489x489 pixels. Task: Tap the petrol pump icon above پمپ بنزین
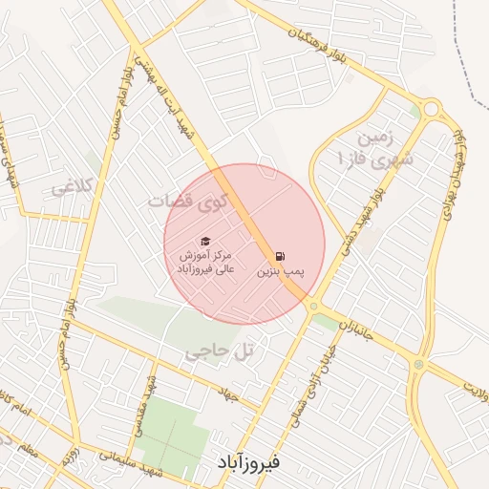[280, 256]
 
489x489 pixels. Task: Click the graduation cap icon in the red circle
[203, 242]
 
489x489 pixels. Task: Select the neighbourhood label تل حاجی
[220, 352]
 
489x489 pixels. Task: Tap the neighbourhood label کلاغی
[74, 186]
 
